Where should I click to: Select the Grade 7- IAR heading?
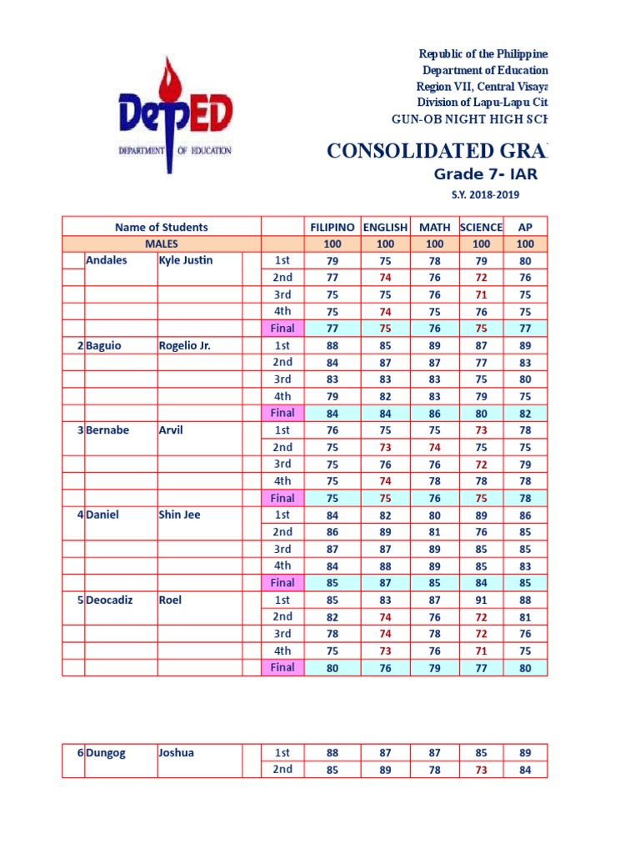(486, 174)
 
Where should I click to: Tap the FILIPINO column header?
(332, 227)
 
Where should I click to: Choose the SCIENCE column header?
(481, 227)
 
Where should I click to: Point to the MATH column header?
(434, 227)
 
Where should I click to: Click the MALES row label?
(162, 244)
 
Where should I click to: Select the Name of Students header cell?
(162, 227)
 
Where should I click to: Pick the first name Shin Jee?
(179, 515)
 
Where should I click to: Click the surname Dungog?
(106, 752)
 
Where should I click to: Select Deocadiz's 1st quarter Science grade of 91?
(481, 600)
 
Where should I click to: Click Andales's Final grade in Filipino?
(332, 329)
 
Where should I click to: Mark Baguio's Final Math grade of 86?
(434, 413)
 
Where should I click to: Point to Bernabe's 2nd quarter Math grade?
(434, 447)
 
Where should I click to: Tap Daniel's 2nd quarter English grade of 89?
(385, 532)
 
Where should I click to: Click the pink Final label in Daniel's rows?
(283, 583)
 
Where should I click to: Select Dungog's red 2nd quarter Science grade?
(481, 770)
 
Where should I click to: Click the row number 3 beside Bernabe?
(80, 430)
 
